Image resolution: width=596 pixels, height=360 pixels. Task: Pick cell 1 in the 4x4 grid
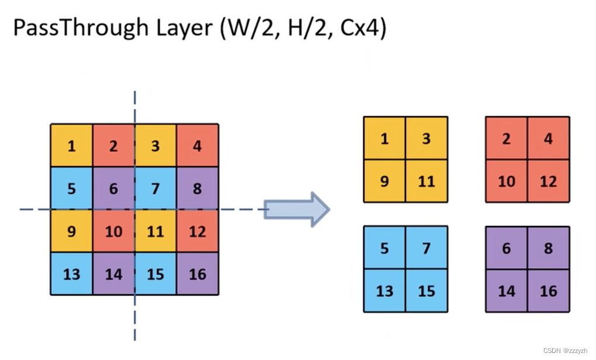[x=71, y=146]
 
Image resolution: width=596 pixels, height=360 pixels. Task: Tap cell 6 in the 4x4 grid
[x=113, y=188]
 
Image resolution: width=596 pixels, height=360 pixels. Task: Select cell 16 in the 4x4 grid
[x=198, y=273]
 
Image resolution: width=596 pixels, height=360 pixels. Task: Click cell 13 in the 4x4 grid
[x=71, y=273]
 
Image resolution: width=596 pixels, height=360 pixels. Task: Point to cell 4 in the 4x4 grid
[x=198, y=146]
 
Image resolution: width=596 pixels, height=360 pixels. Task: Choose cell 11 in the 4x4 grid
[x=156, y=231]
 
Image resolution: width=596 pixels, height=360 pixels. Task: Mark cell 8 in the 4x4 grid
[x=198, y=188]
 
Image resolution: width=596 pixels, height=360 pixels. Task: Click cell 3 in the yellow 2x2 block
[x=426, y=139]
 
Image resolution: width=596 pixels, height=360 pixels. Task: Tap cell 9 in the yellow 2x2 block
[x=384, y=181]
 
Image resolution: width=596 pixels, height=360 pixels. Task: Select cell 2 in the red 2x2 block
[x=507, y=139]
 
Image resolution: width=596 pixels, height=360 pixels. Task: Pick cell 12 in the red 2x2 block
[x=549, y=181]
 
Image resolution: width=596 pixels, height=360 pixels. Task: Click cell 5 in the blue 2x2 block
[x=384, y=248]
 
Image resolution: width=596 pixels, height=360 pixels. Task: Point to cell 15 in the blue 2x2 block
[x=426, y=290]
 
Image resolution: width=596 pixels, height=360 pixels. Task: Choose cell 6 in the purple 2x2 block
[x=507, y=248]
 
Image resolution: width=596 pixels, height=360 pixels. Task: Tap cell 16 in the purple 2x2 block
[x=549, y=290]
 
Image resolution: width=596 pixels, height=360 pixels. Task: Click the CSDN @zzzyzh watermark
[x=564, y=351]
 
